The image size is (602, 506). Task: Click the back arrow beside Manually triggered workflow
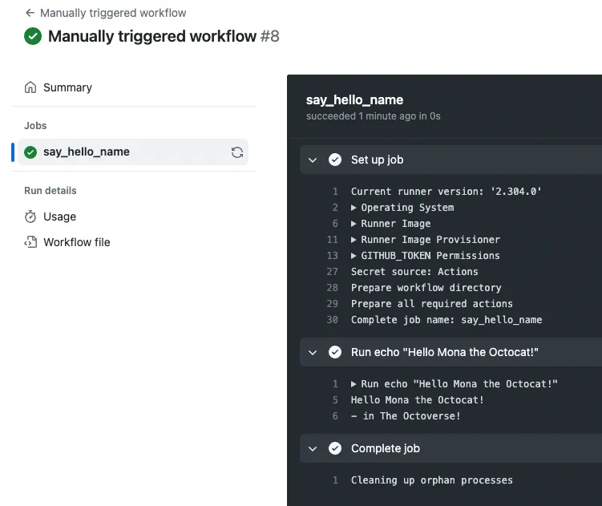click(30, 13)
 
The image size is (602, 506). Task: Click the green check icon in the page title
click(33, 36)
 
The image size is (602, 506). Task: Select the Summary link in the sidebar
click(67, 87)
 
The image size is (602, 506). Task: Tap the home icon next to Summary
click(30, 87)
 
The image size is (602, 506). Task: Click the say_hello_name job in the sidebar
click(86, 152)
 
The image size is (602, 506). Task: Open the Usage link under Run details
click(59, 217)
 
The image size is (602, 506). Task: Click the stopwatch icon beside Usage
click(30, 217)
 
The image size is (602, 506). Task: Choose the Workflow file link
click(76, 242)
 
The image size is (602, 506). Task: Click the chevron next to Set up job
click(313, 160)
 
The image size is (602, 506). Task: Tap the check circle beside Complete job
click(335, 448)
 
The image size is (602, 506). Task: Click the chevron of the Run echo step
click(313, 352)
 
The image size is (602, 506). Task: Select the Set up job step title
click(377, 160)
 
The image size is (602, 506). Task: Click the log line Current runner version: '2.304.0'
click(446, 192)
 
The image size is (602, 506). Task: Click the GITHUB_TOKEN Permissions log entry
click(426, 256)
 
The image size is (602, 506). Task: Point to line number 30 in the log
click(333, 320)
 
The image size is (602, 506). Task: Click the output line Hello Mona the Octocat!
click(417, 400)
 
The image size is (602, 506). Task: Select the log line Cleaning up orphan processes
click(431, 480)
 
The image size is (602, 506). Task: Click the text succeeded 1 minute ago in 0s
click(373, 116)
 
